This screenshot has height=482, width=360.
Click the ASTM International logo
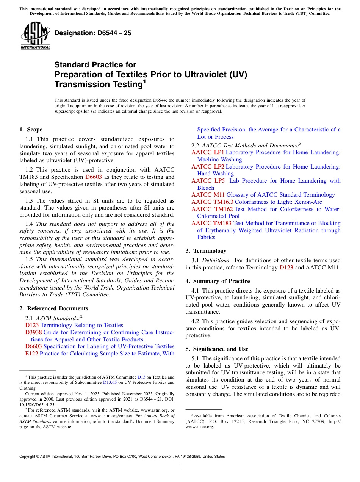(x=35, y=36)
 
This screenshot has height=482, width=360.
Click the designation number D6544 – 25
(x=93, y=33)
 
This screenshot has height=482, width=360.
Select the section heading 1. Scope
(x=31, y=130)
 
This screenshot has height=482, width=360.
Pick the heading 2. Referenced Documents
(x=54, y=308)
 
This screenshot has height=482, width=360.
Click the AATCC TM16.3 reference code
(x=212, y=202)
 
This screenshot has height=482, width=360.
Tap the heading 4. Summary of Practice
(x=218, y=281)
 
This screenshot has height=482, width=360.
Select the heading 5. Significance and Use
(x=217, y=349)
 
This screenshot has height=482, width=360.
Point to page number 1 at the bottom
(x=180, y=466)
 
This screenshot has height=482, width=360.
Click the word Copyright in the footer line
(x=28, y=457)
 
